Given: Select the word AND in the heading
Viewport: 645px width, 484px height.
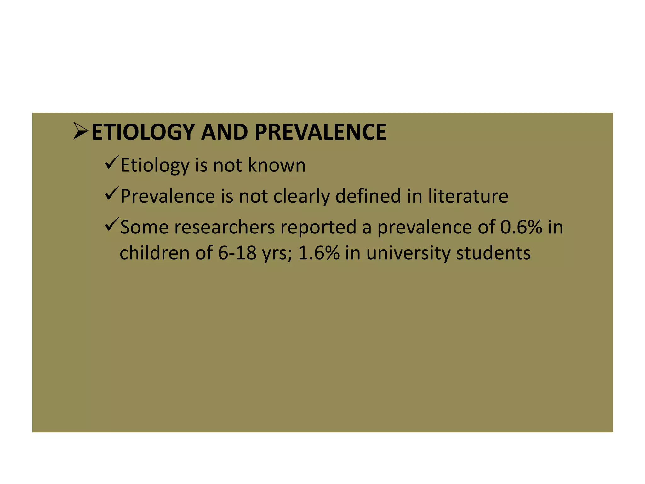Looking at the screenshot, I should pos(225,132).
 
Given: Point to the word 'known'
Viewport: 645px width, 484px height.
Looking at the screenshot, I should pos(277,165).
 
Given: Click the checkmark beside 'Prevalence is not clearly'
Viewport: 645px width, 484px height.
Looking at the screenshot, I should pos(112,193).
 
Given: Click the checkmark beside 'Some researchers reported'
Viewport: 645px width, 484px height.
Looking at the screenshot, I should pos(112,224).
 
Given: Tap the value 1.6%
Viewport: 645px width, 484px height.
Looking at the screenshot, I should pos(319,253).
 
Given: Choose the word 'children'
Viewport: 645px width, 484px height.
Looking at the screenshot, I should pos(155,253).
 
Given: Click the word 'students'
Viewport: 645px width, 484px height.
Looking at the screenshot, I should pos(493,253).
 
